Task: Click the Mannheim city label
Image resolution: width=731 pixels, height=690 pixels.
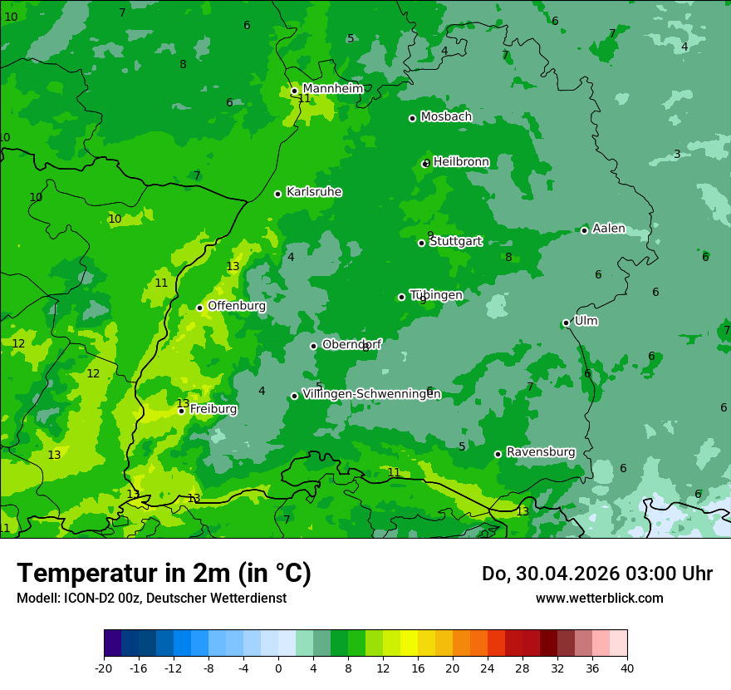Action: [x=332, y=88]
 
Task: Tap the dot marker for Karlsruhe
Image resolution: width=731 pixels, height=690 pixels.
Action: [x=277, y=194]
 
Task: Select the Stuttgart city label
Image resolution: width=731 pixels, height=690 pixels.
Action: [x=455, y=242]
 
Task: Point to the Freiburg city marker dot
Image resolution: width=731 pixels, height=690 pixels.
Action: [x=181, y=411]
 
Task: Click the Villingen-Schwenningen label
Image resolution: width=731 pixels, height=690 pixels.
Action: [x=371, y=394]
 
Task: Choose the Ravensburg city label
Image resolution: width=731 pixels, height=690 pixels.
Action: [x=540, y=452]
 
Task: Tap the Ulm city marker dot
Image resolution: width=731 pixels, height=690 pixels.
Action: [x=566, y=323]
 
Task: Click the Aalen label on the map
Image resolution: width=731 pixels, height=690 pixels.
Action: [x=608, y=229]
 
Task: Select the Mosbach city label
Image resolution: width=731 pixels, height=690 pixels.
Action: [x=446, y=117]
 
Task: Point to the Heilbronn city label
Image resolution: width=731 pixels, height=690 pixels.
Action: [x=461, y=162]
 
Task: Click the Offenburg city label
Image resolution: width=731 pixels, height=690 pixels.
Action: [x=237, y=306]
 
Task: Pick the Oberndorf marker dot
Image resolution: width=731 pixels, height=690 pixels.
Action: [x=313, y=346]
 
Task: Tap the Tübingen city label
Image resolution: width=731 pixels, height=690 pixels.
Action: [x=436, y=295]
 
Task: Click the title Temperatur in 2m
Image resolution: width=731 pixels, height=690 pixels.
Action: [x=164, y=574]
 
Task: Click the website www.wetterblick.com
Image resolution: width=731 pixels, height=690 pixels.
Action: [x=599, y=599]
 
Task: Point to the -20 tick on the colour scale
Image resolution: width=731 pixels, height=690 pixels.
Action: [x=104, y=668]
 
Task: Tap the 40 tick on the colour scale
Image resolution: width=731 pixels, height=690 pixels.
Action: [x=627, y=668]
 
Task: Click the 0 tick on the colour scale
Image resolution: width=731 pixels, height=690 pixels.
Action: [x=278, y=668]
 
